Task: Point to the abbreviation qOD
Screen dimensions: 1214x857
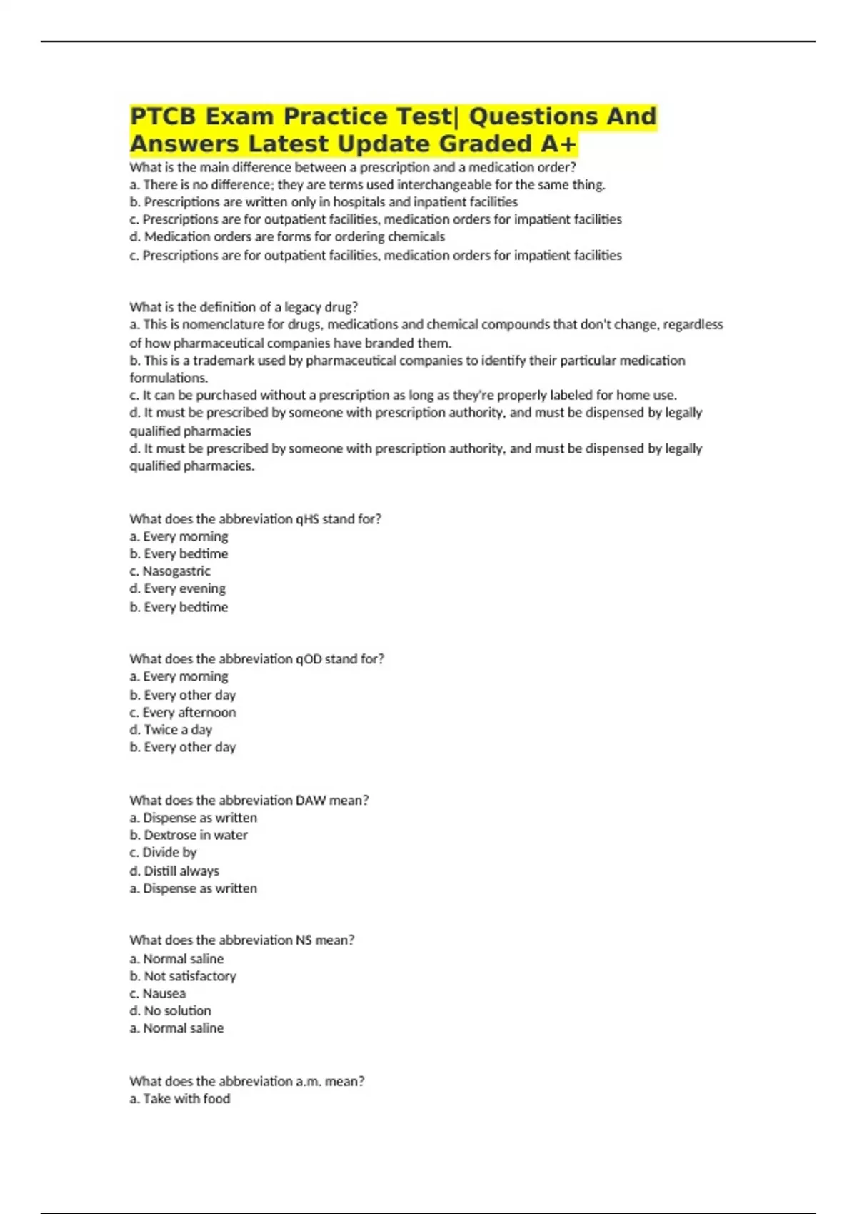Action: pyautogui.click(x=309, y=659)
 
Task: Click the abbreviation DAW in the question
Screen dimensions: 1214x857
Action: pyautogui.click(x=311, y=801)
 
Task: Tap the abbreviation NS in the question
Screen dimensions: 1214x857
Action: pyautogui.click(x=304, y=940)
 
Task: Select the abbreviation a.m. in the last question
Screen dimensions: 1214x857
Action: pyautogui.click(x=309, y=1082)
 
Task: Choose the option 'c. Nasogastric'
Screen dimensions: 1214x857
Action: pyautogui.click(x=170, y=571)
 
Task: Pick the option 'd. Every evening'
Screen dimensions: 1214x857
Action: pyautogui.click(x=178, y=588)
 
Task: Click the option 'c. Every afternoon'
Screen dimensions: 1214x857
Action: pyautogui.click(x=183, y=713)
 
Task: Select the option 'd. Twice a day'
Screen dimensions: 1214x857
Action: pyautogui.click(x=171, y=730)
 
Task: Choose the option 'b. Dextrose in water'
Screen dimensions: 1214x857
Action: pyautogui.click(x=189, y=835)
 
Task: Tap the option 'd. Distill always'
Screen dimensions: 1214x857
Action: pyautogui.click(x=174, y=871)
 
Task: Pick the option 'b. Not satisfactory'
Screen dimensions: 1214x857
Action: pyautogui.click(x=183, y=976)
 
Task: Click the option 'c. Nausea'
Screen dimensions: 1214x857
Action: pyautogui.click(x=158, y=994)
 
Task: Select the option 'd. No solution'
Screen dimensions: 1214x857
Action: pyautogui.click(x=170, y=1011)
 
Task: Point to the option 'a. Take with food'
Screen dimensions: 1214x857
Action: pyautogui.click(x=180, y=1099)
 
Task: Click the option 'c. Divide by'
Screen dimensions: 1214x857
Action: pyautogui.click(x=163, y=853)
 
